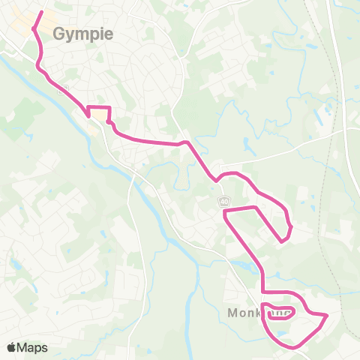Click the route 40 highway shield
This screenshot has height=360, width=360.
[x=224, y=201]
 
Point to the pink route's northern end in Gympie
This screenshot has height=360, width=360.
[x=42, y=11]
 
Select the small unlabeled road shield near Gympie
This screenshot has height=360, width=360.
[x=65, y=89]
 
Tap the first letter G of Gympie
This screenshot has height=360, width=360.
[x=58, y=34]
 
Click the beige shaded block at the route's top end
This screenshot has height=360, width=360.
[x=30, y=22]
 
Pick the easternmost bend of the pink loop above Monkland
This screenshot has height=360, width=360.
[x=290, y=225]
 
